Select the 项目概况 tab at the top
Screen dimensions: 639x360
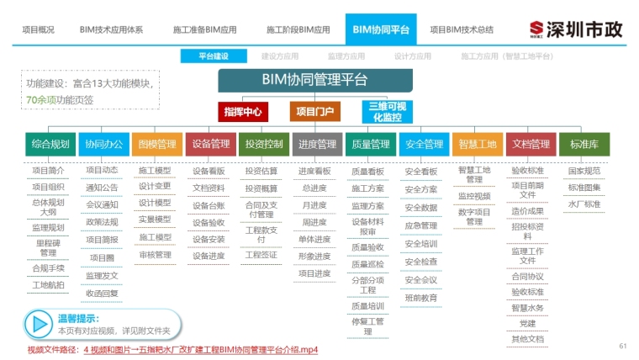(37, 29)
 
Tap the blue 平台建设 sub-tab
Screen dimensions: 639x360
(214, 56)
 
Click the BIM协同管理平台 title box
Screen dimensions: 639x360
(315, 81)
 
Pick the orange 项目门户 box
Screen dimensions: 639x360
(314, 111)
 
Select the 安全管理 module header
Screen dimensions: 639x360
(423, 144)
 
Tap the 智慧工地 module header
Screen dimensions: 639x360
(478, 144)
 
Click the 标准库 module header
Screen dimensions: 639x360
(584, 144)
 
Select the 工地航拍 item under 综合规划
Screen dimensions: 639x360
(48, 285)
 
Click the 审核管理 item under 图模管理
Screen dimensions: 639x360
(155, 255)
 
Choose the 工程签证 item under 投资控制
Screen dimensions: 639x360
(261, 254)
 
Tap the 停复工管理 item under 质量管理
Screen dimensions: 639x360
(367, 326)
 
